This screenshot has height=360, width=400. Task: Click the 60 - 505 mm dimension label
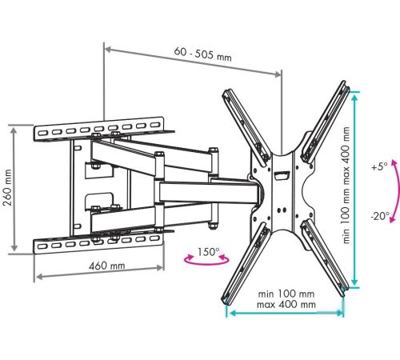(202, 54)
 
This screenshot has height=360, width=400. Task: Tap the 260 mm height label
(8, 187)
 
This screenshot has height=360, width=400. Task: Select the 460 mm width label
(106, 266)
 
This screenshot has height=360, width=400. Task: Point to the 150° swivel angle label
(208, 252)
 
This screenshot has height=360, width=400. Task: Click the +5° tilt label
(379, 167)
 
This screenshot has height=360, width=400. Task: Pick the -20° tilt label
(380, 215)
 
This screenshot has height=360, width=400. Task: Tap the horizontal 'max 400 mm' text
(286, 304)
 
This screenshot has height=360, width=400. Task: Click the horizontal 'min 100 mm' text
(286, 294)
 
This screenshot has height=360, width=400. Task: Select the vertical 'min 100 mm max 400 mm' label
(346, 185)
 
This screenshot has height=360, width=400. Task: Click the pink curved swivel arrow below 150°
(206, 263)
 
